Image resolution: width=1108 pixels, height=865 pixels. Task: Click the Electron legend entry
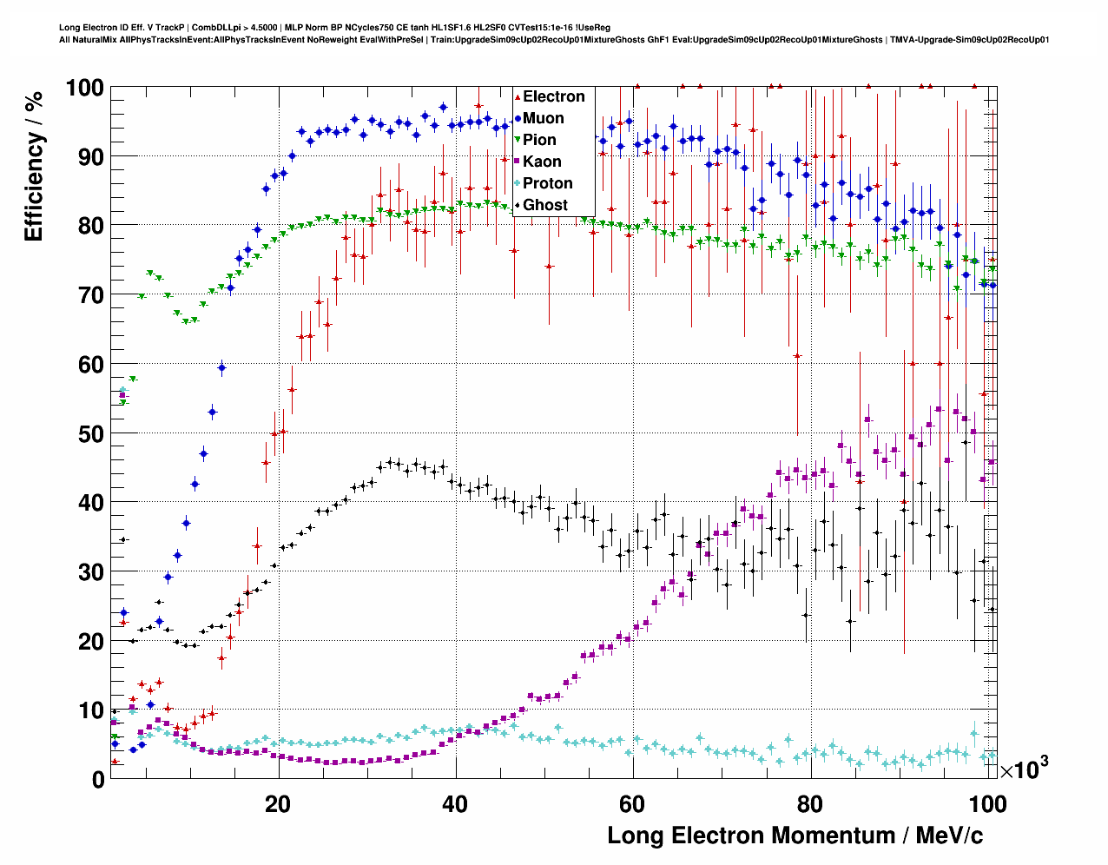[553, 96]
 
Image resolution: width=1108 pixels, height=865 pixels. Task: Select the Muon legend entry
[543, 118]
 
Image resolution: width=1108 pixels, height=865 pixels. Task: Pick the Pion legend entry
[539, 140]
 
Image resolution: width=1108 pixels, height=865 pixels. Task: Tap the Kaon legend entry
[542, 162]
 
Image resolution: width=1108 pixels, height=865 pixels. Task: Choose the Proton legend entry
[547, 183]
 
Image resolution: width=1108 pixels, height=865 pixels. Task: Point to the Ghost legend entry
[544, 205]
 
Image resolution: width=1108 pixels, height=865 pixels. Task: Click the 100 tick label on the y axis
[84, 88]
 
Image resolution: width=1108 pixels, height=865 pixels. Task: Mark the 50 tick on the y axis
[90, 433]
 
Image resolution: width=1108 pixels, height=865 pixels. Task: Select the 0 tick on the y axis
[97, 779]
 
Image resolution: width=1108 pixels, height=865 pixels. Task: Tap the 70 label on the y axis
[90, 295]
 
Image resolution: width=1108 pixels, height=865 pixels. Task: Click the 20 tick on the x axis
[278, 804]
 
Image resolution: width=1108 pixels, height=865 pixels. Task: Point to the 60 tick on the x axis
[633, 804]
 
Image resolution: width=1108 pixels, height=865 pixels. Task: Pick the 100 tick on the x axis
[986, 804]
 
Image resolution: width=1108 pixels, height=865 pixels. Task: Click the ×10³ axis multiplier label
[1024, 769]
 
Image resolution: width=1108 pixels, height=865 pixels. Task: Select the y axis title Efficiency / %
[34, 166]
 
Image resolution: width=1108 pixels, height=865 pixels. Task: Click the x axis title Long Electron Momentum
[795, 835]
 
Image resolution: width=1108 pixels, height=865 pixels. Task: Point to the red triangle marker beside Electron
[518, 96]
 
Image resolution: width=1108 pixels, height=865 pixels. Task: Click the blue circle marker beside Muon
[518, 118]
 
